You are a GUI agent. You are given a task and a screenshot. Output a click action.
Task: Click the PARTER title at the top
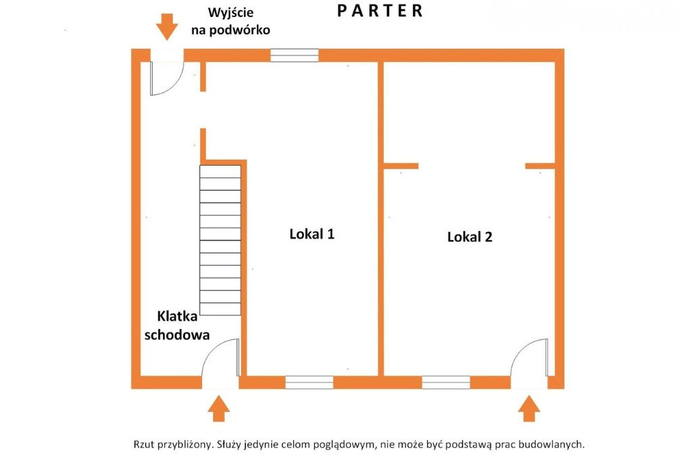click(x=380, y=11)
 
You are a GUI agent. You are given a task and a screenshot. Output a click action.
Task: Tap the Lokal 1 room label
click(x=312, y=234)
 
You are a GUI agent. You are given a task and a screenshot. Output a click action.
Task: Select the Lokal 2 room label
click(x=470, y=237)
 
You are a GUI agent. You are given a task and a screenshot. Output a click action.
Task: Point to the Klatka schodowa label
click(x=182, y=325)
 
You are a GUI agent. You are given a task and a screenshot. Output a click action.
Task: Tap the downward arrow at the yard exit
click(x=167, y=28)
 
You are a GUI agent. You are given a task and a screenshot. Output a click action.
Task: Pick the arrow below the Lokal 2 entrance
click(x=528, y=409)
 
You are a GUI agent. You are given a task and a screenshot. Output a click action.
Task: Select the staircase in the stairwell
click(x=220, y=237)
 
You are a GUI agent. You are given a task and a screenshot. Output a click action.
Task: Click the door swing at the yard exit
click(x=167, y=78)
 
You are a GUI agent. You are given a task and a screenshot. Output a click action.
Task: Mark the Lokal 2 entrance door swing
click(x=529, y=358)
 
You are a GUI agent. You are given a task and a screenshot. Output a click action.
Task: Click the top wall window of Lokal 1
click(x=294, y=55)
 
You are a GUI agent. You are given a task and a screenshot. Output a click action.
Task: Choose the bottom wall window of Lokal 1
click(x=309, y=383)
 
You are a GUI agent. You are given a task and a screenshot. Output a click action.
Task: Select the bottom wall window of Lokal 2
click(x=446, y=383)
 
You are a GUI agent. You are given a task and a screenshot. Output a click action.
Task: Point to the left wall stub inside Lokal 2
click(x=401, y=166)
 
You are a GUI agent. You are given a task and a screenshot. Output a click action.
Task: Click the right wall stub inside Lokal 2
click(x=540, y=166)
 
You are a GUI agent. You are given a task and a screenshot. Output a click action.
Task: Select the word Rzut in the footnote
click(x=143, y=444)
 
